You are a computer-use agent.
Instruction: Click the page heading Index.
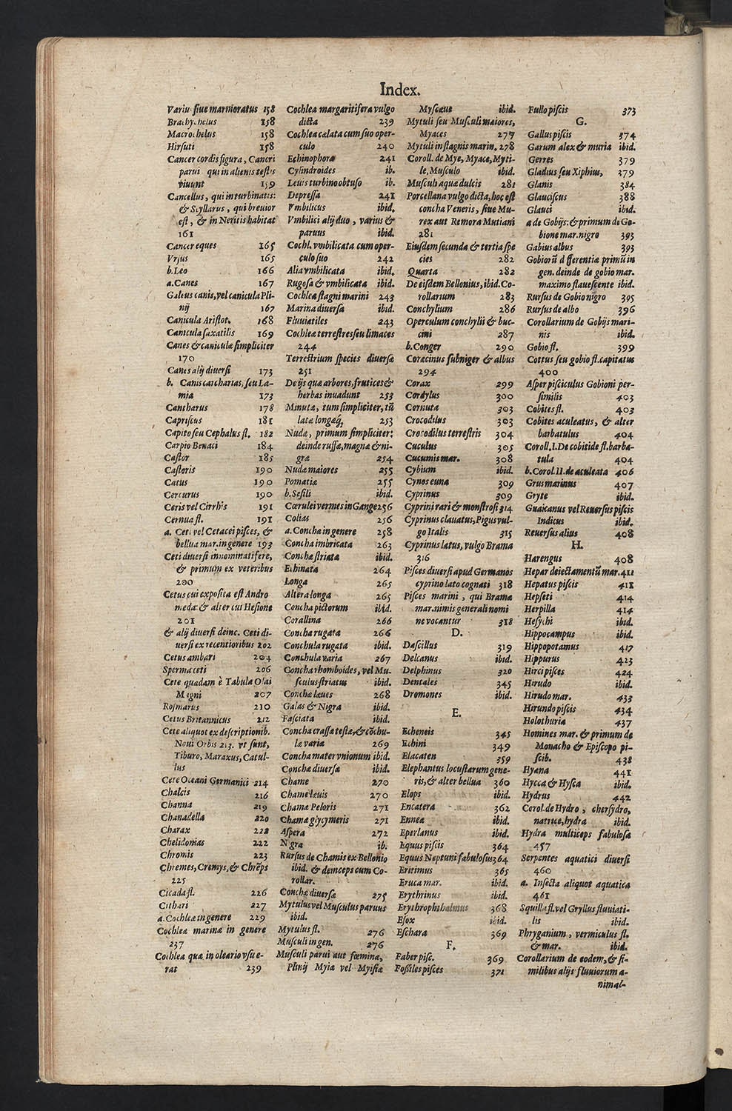point(400,90)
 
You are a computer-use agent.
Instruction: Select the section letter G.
point(580,122)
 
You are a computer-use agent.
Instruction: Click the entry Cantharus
point(184,408)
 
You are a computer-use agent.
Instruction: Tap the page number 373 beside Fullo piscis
point(628,111)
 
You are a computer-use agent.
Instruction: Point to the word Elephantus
point(427,768)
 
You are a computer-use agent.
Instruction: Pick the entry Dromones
point(422,695)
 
